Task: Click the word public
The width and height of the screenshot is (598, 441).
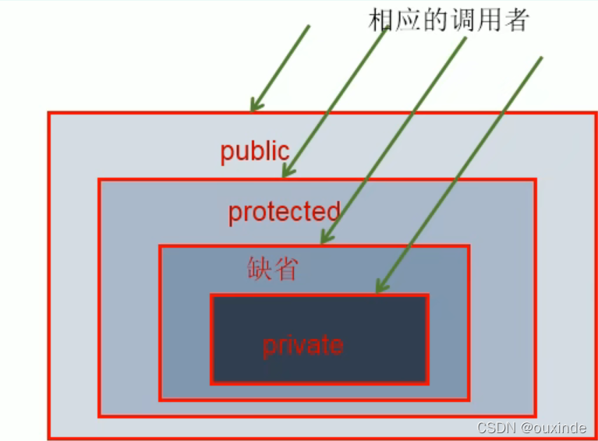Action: click(x=254, y=151)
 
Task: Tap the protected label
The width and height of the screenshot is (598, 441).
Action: click(x=284, y=212)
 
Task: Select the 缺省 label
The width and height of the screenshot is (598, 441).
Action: click(x=272, y=269)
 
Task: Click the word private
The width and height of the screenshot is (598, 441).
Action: click(x=303, y=345)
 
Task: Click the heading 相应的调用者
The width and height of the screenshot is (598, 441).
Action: click(x=448, y=19)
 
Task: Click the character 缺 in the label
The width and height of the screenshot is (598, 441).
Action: click(x=260, y=269)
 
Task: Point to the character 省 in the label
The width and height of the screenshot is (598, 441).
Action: click(x=285, y=269)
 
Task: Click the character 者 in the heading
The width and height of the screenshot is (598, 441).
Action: click(x=516, y=19)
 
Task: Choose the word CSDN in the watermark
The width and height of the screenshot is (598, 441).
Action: click(x=493, y=427)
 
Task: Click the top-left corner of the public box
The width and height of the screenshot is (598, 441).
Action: click(x=49, y=114)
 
